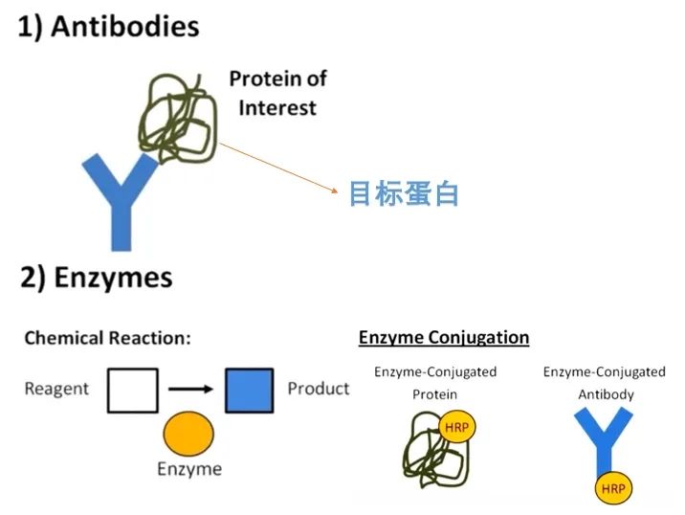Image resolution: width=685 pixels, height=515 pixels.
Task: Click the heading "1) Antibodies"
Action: pos(109,26)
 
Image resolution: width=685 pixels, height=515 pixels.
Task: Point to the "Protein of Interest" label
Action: pos(277,93)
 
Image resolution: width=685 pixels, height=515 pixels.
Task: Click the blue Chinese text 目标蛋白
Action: pos(403,194)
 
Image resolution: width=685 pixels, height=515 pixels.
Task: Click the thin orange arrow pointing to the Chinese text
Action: pos(278,168)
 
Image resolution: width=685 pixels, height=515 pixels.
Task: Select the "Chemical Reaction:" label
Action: pos(107,338)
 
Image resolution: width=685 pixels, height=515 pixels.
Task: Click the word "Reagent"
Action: pos(56,389)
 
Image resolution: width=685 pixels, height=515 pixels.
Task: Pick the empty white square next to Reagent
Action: pos(132,391)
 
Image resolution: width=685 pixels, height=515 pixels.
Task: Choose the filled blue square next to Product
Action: pos(249,391)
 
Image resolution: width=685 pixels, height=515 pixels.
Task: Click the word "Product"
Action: pos(319,389)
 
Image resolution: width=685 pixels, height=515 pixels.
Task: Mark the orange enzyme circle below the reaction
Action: pos(188,434)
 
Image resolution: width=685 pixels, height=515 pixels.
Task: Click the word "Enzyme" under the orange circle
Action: pos(189,469)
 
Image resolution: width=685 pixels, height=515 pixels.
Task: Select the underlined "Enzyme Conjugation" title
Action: pos(444,337)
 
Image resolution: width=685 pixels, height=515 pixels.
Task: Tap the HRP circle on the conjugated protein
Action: pos(457,427)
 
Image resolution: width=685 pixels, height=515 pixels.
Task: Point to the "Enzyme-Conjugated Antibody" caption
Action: pos(604,382)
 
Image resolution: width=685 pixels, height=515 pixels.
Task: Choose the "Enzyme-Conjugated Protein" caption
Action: pos(435,382)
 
